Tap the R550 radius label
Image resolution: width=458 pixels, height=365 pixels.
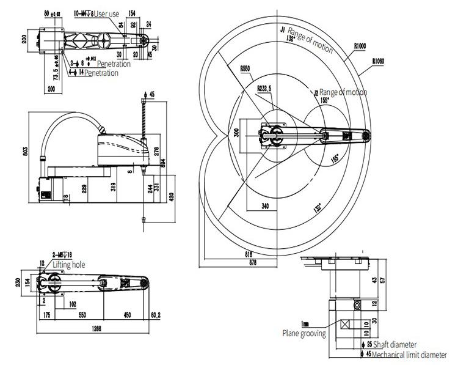click(x=247, y=69)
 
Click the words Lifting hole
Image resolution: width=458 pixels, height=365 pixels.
click(x=68, y=265)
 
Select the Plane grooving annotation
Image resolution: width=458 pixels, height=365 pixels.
click(x=304, y=334)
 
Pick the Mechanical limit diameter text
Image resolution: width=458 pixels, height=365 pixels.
click(x=412, y=353)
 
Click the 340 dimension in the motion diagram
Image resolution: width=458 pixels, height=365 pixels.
click(x=265, y=205)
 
